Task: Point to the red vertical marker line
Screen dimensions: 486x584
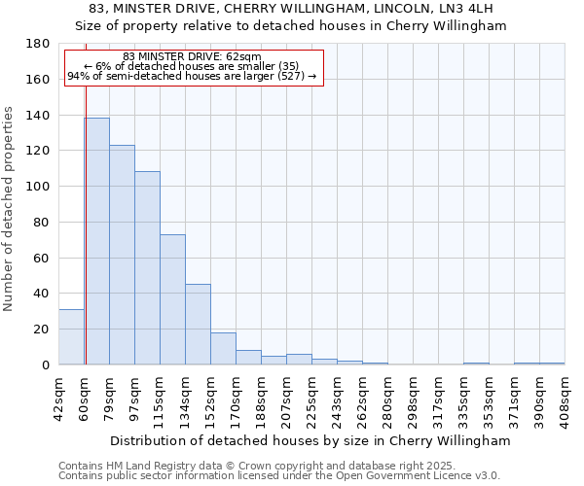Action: coord(86,214)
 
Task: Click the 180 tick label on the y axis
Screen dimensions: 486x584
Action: coord(38,44)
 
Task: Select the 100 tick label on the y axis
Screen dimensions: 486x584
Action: coord(38,187)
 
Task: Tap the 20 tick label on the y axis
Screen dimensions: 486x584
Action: coord(42,330)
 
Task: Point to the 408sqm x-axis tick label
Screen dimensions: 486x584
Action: coord(566,397)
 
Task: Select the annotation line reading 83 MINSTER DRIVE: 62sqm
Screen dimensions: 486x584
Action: coord(193,57)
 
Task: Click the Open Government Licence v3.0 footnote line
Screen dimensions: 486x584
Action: coord(279,476)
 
